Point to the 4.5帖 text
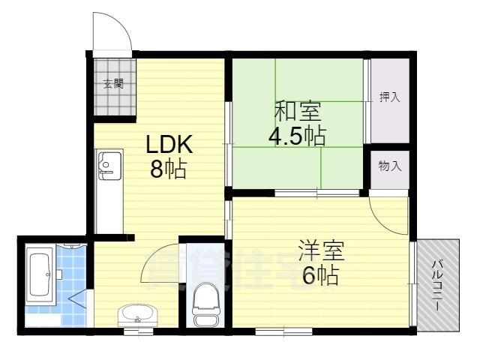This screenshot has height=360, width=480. tap(298, 136)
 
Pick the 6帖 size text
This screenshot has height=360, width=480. tap(320, 276)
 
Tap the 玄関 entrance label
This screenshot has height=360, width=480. tap(113, 84)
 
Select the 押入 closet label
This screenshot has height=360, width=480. tap(388, 97)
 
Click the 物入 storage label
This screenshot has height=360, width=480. tap(389, 166)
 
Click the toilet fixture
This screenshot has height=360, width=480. tap(204, 304)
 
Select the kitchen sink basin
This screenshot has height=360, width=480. tap(109, 163)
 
